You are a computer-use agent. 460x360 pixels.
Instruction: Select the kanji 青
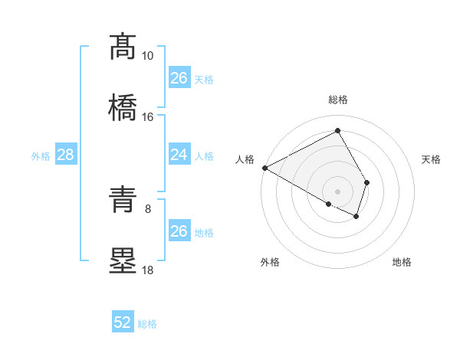coord(123,199)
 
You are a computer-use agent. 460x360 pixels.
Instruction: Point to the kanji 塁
coord(123,260)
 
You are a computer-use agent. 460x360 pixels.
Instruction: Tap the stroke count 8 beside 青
coord(148,208)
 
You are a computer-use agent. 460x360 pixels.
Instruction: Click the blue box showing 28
coord(66,155)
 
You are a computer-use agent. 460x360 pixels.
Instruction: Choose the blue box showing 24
coord(179,155)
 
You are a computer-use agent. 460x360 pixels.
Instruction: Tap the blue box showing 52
coord(123,323)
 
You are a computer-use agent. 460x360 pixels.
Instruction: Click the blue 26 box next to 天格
coord(179,78)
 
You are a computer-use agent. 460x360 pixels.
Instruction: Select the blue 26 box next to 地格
coord(179,231)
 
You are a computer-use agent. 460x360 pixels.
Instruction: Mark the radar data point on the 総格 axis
coord(337,131)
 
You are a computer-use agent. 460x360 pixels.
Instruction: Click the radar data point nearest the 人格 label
coord(264,168)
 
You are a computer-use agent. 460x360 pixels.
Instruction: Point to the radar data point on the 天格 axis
coord(367,182)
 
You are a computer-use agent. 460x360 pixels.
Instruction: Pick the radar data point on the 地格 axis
coord(356,217)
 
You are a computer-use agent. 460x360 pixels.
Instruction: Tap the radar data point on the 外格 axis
coord(329,204)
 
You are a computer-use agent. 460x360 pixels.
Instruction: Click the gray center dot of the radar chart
coord(337,191)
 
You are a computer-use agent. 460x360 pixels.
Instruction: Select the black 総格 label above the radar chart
coord(337,100)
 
